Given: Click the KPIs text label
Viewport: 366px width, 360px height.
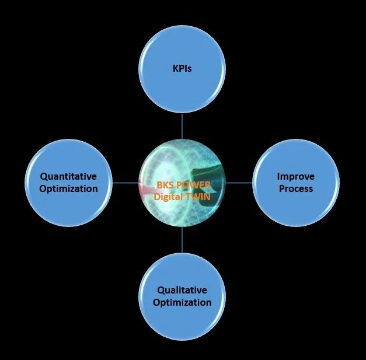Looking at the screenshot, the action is [x=182, y=68].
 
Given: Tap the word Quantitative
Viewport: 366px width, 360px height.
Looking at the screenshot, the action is [x=68, y=176].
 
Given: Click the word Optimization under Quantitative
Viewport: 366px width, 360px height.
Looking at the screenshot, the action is [x=68, y=188].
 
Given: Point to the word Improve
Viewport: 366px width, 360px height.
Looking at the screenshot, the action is [x=295, y=176].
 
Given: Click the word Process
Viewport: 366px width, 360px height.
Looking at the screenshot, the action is [x=295, y=188].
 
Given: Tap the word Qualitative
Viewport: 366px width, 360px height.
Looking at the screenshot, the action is [x=182, y=290].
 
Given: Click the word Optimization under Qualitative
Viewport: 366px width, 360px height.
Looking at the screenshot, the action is [x=182, y=302].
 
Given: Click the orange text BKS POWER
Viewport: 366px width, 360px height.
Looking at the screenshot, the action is [x=183, y=186].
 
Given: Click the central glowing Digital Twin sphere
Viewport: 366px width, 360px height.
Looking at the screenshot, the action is [x=182, y=163].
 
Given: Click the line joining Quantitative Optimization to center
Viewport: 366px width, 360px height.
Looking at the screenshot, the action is [x=126, y=183].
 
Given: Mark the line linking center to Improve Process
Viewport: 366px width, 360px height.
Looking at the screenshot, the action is [x=239, y=183].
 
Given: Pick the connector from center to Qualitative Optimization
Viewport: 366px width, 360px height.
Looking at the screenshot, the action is [x=182, y=239].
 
